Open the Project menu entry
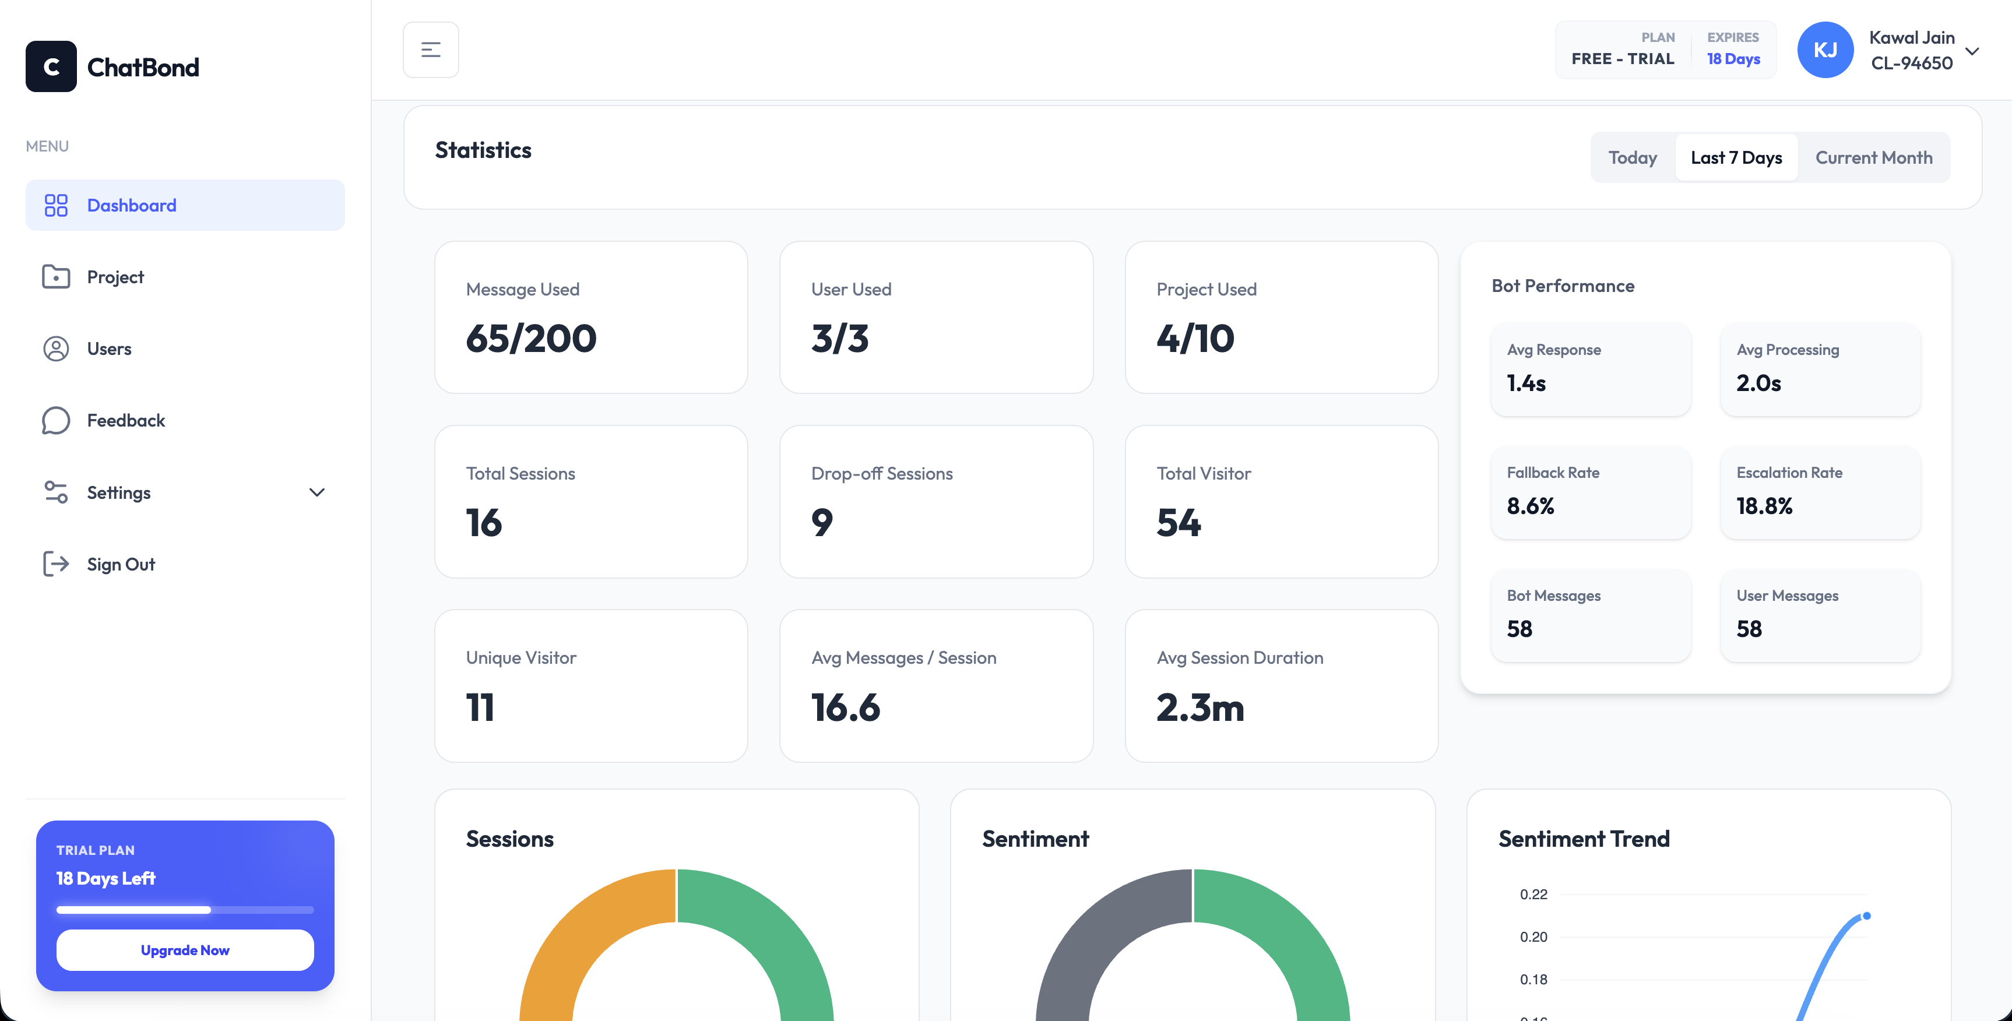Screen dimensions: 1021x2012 [115, 277]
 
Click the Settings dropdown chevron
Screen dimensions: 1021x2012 [316, 492]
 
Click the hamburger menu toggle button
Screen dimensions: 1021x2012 [430, 50]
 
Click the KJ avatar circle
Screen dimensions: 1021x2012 [1824, 50]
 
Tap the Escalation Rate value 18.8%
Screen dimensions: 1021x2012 [1764, 506]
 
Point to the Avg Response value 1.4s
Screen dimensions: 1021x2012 [1525, 383]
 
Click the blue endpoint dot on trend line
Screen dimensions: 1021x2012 [1866, 916]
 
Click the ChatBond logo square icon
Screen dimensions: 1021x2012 [51, 66]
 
